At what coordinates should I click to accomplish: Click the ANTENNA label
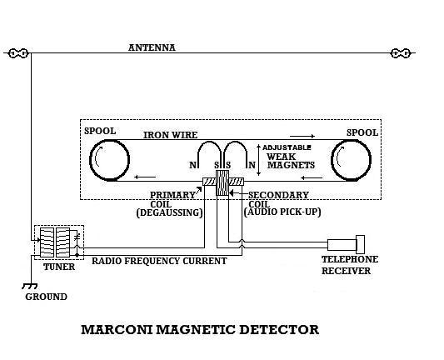pyautogui.click(x=152, y=47)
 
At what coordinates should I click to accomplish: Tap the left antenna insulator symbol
pyautogui.click(x=18, y=53)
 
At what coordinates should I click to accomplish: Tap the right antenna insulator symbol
pyautogui.click(x=401, y=53)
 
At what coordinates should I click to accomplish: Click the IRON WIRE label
pyautogui.click(x=170, y=135)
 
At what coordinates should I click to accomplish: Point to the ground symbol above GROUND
pyautogui.click(x=29, y=286)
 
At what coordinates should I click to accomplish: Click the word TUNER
pyautogui.click(x=59, y=267)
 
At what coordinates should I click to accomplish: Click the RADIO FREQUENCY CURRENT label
pyautogui.click(x=159, y=261)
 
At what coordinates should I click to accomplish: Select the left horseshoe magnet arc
pyautogui.click(x=209, y=142)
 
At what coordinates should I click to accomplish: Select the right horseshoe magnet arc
pyautogui.click(x=235, y=142)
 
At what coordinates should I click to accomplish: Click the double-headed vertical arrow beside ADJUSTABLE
pyautogui.click(x=258, y=160)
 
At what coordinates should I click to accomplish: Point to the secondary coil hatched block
pyautogui.click(x=222, y=182)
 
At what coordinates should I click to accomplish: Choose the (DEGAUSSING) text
pyautogui.click(x=169, y=212)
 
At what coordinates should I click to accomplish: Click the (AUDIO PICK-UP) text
pyautogui.click(x=282, y=212)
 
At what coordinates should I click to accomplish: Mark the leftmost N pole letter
pyautogui.click(x=192, y=165)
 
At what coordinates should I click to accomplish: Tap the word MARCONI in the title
pyautogui.click(x=117, y=330)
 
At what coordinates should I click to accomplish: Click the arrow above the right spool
pyautogui.click(x=302, y=136)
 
